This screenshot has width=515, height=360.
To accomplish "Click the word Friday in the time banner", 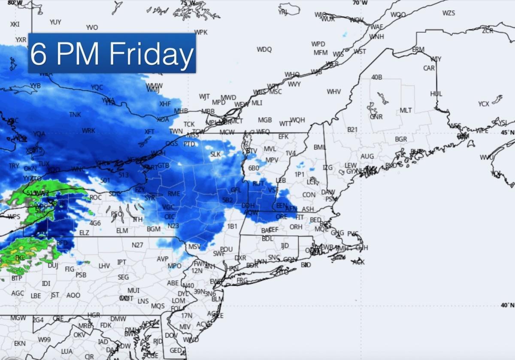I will pyautogui.click(x=151, y=54).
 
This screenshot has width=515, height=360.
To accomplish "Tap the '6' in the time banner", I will pyautogui.click(x=38, y=54).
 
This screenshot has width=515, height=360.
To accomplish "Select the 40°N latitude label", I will pyautogui.click(x=507, y=305).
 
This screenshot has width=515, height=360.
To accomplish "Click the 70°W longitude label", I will pyautogui.click(x=360, y=3).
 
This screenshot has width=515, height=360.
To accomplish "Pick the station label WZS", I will pyautogui.click(x=448, y=13).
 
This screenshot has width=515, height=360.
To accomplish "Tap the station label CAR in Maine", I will pyautogui.click(x=429, y=68).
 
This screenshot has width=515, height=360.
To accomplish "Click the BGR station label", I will pyautogui.click(x=401, y=139).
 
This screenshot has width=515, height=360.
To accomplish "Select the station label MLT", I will pyautogui.click(x=406, y=110).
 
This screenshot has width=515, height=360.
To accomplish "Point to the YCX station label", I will pyautogui.click(x=484, y=104).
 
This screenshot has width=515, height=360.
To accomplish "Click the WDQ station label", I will pyautogui.click(x=264, y=49).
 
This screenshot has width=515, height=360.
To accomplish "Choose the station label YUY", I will pyautogui.click(x=55, y=22).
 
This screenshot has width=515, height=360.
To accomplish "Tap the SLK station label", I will pyautogui.click(x=215, y=154).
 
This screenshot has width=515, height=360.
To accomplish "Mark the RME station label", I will pyautogui.click(x=174, y=194).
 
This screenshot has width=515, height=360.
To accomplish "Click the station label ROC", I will pyautogui.click(x=96, y=197).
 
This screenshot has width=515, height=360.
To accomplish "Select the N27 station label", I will pyautogui.click(x=137, y=245).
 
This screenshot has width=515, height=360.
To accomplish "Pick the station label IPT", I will pyautogui.click(x=122, y=262).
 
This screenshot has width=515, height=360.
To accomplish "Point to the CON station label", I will pyautogui.click(x=309, y=195).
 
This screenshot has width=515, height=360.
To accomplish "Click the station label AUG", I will pyautogui.click(x=367, y=157).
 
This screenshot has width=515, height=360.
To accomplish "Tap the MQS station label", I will pyautogui.click(x=158, y=306).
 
